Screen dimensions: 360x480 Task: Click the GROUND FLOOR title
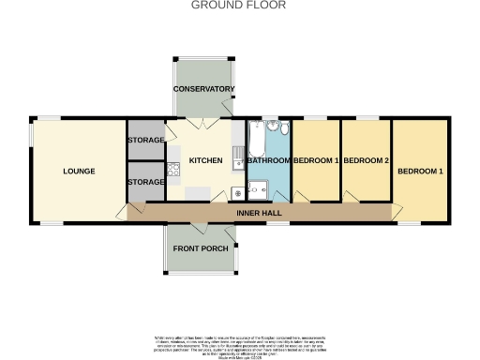coord(239,5)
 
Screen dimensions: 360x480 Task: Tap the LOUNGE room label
coord(79,172)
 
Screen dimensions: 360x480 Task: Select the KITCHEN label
coord(205,160)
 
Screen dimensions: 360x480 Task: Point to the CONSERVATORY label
coord(203,89)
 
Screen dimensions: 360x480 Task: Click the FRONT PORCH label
coord(201,248)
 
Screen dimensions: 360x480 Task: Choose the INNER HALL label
coord(253,214)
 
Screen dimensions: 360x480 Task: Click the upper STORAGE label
coord(145,140)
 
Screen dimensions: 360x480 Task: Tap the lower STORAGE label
coord(145,181)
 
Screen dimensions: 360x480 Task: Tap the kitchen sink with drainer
coord(238,150)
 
